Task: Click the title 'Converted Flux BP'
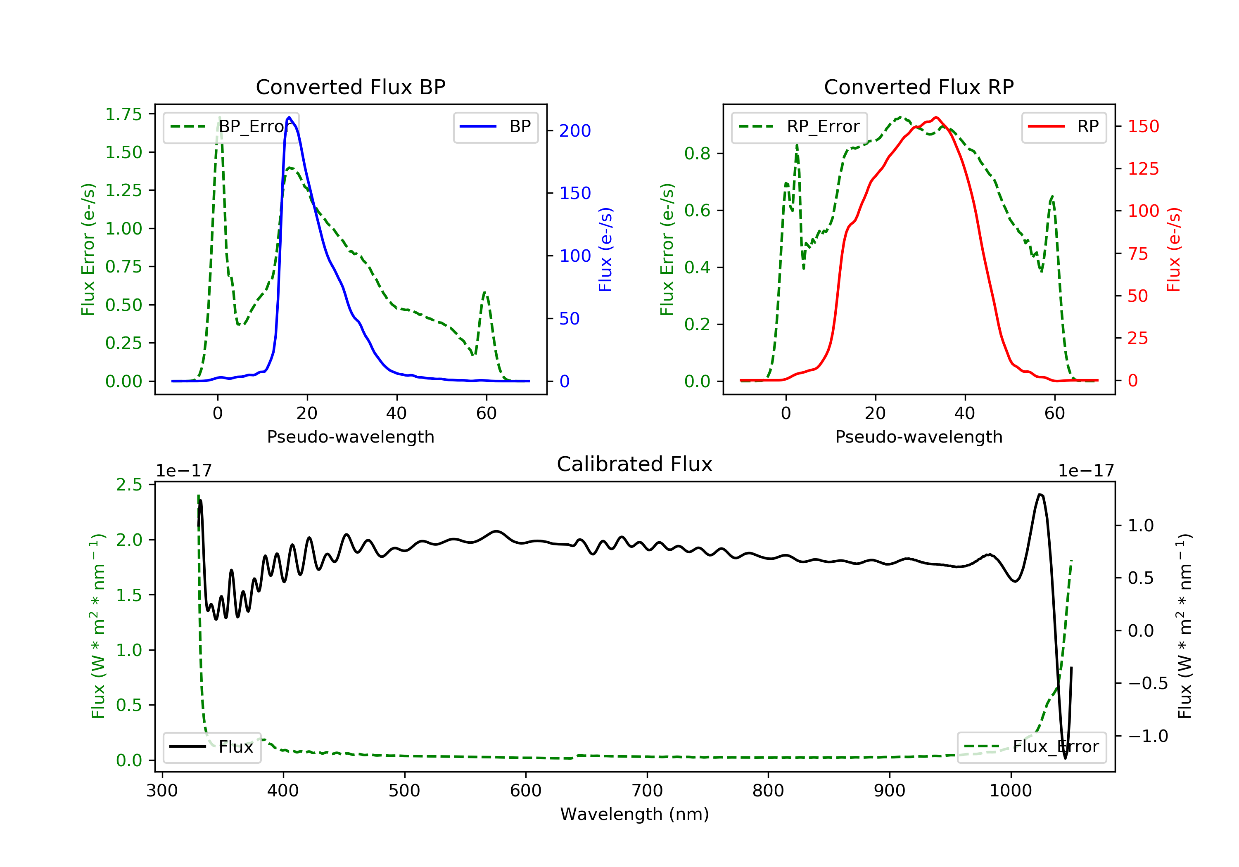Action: tap(350, 87)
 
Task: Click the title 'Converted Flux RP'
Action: tap(919, 87)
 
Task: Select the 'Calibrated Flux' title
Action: tap(635, 464)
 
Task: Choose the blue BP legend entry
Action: tap(495, 127)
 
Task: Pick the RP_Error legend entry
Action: tap(799, 127)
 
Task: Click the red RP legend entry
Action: tap(1063, 127)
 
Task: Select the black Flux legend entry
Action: tap(211, 747)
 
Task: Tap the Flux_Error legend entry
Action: tap(1031, 747)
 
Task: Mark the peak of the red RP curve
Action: tap(936, 117)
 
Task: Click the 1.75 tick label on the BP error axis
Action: tap(123, 114)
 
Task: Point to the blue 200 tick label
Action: tap(575, 130)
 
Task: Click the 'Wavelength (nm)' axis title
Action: tap(635, 814)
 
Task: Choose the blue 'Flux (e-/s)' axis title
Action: tap(605, 249)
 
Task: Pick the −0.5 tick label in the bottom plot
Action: tap(1148, 684)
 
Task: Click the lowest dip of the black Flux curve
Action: tap(1065, 758)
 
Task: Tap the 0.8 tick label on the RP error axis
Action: tap(697, 154)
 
